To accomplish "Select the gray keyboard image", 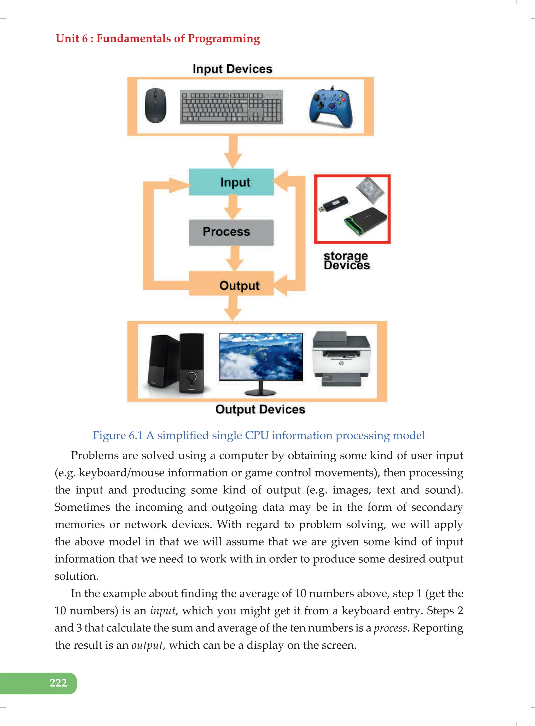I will click(x=231, y=107).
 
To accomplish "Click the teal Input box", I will click(x=231, y=182).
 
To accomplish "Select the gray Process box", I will click(x=231, y=232).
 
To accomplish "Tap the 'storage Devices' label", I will click(x=346, y=261).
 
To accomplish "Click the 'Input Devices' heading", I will click(x=232, y=69).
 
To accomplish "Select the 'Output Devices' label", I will click(x=260, y=409).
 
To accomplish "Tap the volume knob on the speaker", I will click(x=192, y=376).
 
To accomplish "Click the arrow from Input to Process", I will click(x=232, y=207).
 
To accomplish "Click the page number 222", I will click(x=58, y=683).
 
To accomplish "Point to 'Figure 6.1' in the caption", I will click(x=118, y=435).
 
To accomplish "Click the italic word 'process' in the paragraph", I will click(x=390, y=628).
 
